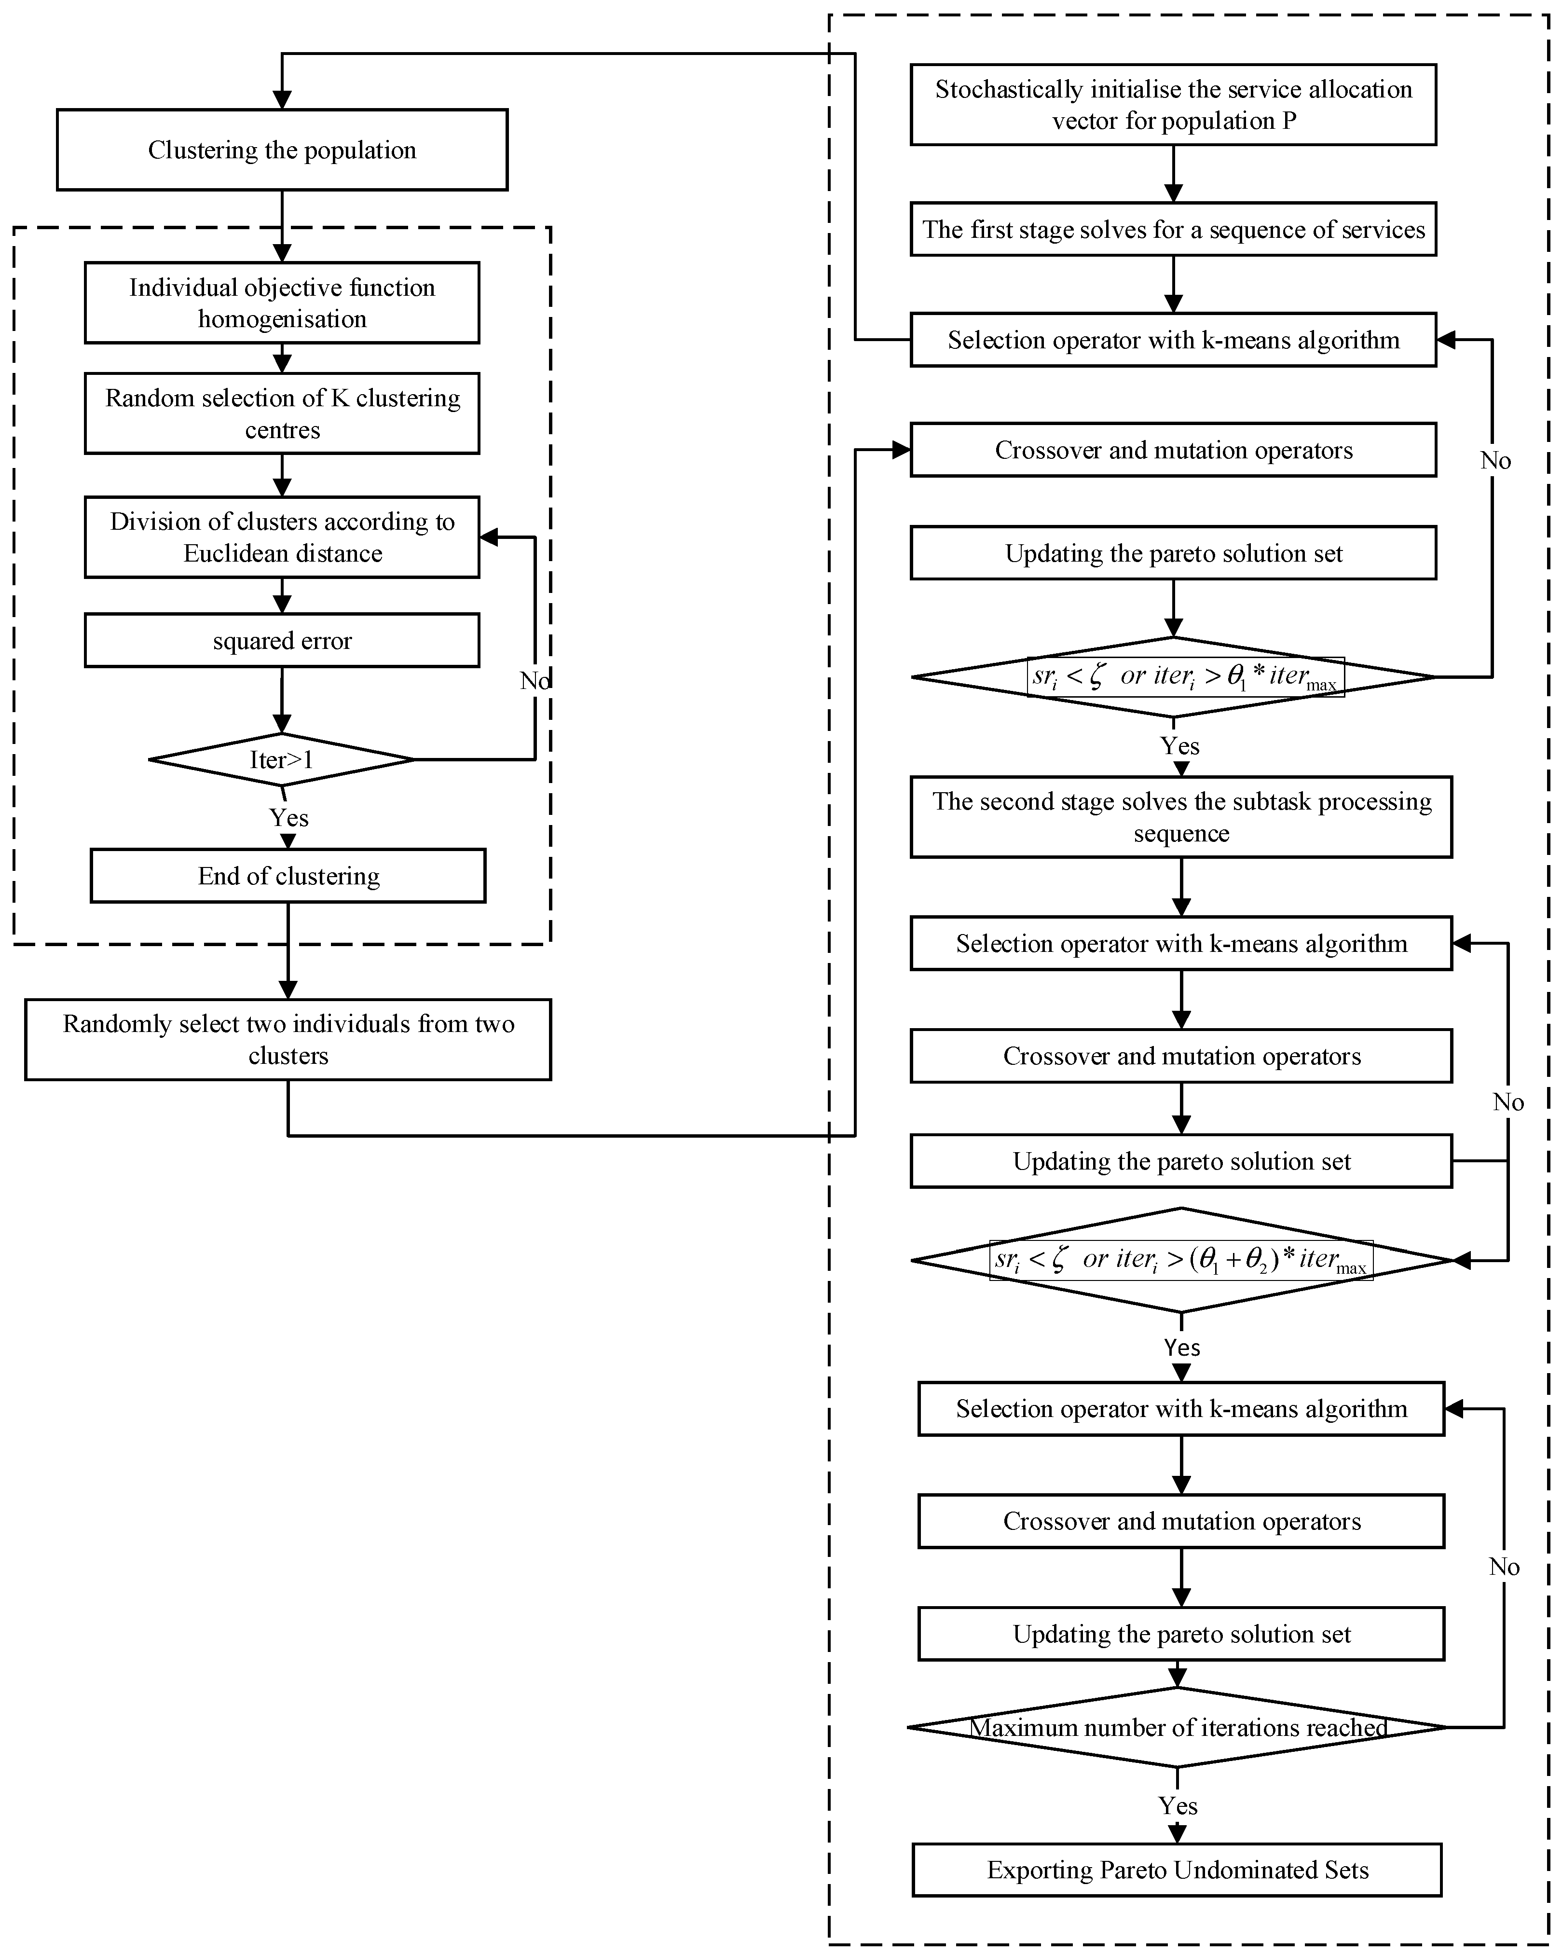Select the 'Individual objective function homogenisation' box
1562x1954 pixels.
(x=282, y=303)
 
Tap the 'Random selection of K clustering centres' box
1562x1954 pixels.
(x=282, y=413)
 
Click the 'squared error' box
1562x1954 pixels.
(x=282, y=641)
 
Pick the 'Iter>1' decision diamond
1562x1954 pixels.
(x=282, y=759)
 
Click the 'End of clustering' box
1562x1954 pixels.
(x=288, y=876)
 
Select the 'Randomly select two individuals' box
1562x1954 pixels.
(x=288, y=1040)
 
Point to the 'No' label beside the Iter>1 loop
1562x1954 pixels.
(x=534, y=681)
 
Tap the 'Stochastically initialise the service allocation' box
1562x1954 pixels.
(x=1173, y=104)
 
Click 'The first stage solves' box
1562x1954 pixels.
(x=1173, y=229)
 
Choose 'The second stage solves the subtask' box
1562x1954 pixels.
(x=1181, y=817)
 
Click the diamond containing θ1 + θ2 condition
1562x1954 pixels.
(x=1181, y=1260)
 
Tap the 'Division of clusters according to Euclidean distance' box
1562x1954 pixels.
(x=282, y=537)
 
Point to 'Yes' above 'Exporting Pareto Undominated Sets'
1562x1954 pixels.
(x=1178, y=1805)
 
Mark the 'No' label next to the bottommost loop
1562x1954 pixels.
(x=1504, y=1567)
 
